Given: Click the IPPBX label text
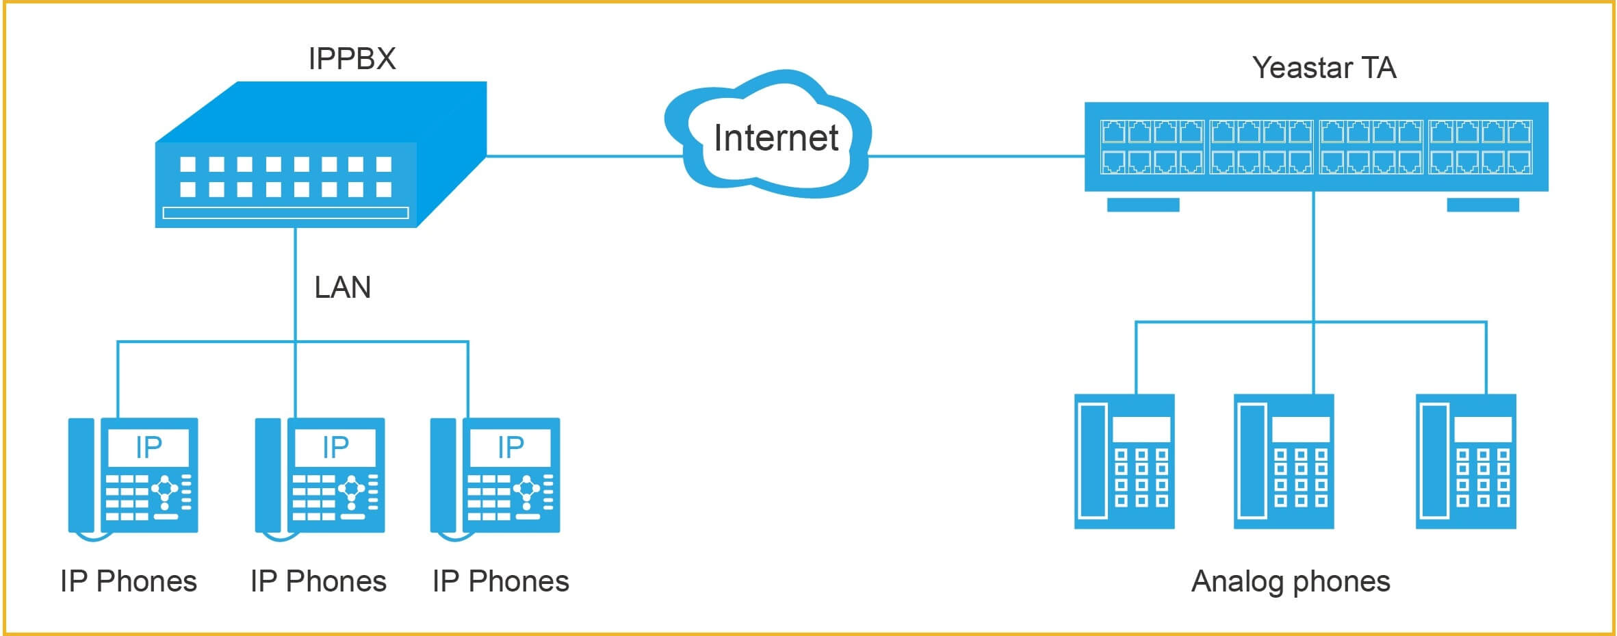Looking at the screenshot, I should tap(352, 59).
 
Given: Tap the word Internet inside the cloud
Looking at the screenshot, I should tap(775, 138).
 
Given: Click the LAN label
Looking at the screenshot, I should tap(342, 288).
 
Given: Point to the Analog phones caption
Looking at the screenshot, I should tap(1291, 582).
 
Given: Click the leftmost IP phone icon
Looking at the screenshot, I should tap(133, 476).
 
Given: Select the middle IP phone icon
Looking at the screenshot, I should tap(320, 476).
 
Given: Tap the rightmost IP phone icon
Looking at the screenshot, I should tap(495, 476).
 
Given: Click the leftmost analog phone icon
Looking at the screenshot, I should tap(1124, 461).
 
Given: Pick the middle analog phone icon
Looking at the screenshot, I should tap(1284, 461).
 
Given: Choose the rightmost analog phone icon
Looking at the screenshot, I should tap(1466, 461).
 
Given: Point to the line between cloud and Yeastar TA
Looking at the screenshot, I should tap(975, 156).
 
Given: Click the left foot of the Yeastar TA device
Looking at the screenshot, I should tap(1143, 205).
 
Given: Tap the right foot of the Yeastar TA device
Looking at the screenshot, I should tap(1483, 205).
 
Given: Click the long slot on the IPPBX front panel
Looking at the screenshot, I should tap(286, 213).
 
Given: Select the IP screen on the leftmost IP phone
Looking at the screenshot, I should tap(148, 448).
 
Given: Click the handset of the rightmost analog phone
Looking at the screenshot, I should tap(1434, 461).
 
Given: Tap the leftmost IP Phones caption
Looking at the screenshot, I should tap(129, 582).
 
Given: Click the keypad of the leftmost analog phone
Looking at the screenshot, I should tap(1141, 477).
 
